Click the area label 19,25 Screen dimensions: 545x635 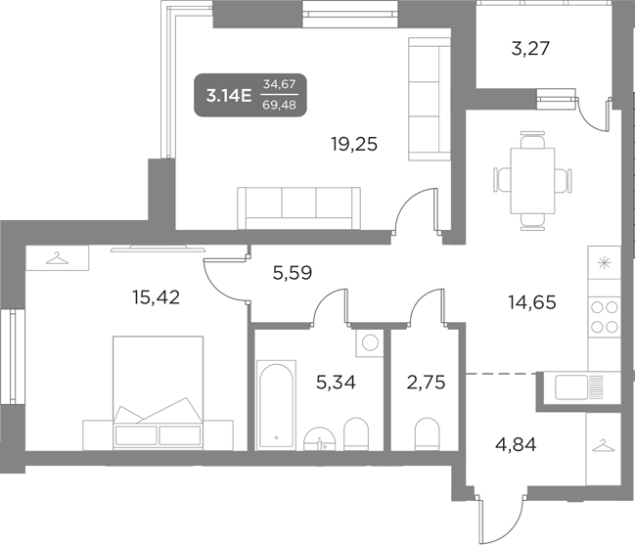click(353, 144)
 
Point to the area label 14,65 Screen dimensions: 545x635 click(531, 302)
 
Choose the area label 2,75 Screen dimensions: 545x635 click(426, 382)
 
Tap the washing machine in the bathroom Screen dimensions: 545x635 click(368, 343)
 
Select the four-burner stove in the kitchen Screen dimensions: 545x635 click(604, 317)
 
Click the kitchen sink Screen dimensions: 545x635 click(578, 387)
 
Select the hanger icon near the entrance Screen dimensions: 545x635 click(603, 446)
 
